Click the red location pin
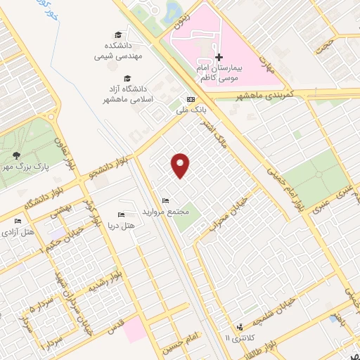tap(181, 165)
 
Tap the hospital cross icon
tap(219, 57)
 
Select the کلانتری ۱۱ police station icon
tap(240, 327)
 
